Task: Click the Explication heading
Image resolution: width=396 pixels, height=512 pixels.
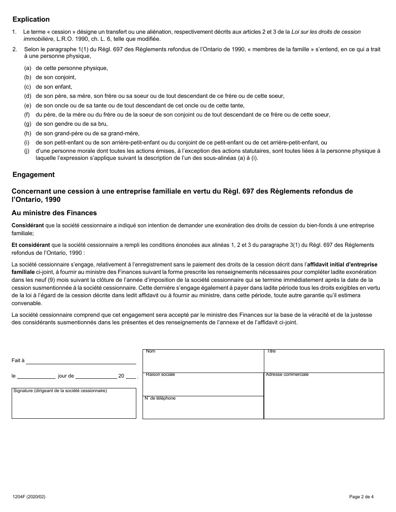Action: coord(31,20)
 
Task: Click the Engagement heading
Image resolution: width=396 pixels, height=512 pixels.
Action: coord(33,175)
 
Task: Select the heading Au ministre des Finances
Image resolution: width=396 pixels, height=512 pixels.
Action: coord(54,213)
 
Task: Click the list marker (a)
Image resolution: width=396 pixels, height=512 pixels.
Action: coord(28,68)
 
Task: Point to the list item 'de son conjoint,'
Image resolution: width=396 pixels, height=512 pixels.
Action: coord(56,77)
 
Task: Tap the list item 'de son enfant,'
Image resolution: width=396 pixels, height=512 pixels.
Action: coord(54,87)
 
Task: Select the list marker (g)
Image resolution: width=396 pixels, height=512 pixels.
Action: coord(28,124)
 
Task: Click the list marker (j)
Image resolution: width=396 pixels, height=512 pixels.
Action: coord(28,152)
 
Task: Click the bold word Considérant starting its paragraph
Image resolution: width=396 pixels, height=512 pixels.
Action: coord(28,226)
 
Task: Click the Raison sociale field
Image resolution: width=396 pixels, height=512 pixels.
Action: coord(203,385)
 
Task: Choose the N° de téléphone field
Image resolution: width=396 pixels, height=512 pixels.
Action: coord(203,408)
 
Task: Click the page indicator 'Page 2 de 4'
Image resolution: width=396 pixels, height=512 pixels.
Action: coord(361,496)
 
